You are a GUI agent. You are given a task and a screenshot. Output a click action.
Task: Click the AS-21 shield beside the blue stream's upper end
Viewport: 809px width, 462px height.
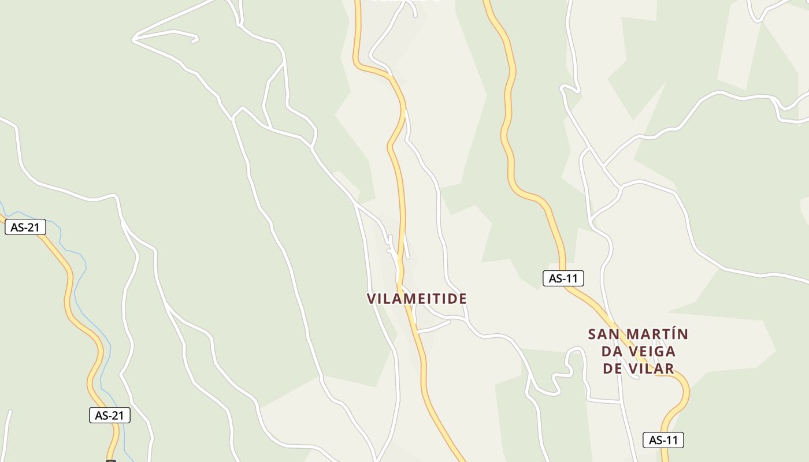[25, 228]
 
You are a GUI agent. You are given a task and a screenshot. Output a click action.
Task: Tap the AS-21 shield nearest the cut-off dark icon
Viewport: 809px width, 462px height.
[110, 415]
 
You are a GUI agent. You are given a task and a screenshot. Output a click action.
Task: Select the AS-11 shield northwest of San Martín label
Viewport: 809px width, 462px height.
[563, 278]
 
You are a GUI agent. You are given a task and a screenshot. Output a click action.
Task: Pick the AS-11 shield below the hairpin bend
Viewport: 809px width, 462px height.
[663, 440]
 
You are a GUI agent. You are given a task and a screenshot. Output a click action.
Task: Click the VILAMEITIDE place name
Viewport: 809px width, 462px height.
[417, 299]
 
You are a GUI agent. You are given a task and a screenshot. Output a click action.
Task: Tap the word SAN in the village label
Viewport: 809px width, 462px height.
[604, 334]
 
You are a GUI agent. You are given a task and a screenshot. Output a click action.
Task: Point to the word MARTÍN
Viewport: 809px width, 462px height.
[658, 334]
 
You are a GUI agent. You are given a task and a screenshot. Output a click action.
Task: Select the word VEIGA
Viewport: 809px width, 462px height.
[655, 351]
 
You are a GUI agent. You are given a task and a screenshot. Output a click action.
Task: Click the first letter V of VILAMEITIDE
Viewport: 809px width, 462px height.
[372, 299]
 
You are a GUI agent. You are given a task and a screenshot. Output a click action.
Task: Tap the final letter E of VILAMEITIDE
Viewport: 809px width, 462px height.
[463, 299]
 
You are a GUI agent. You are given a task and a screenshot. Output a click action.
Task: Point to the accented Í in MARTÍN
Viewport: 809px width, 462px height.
[671, 334]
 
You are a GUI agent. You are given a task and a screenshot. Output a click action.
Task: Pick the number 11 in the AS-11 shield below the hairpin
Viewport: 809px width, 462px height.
[671, 440]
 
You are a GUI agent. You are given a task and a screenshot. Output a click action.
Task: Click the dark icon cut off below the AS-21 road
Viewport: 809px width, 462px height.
[111, 460]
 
